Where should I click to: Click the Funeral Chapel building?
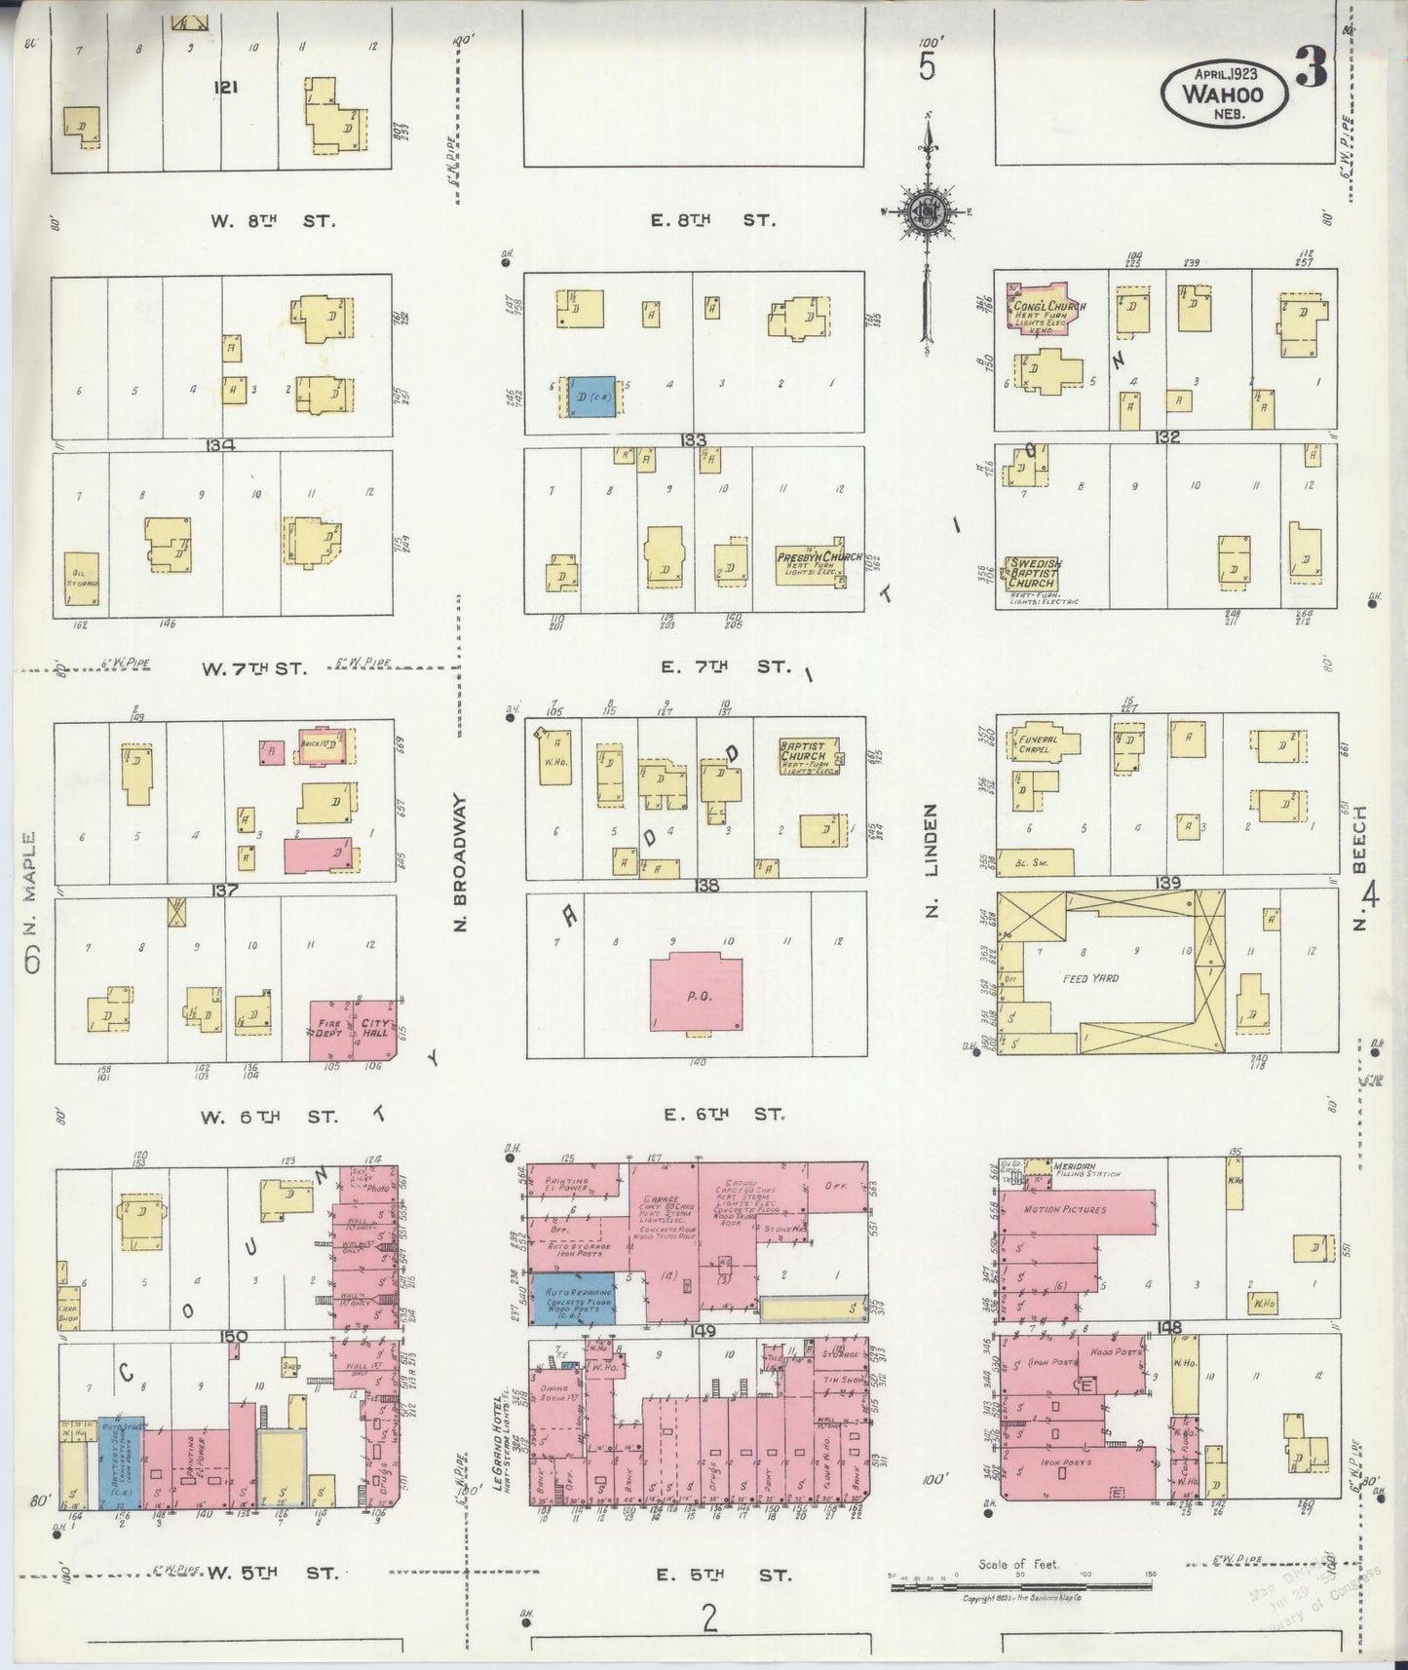coord(1043,745)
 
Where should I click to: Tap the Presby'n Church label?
coord(818,558)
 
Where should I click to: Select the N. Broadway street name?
coord(461,862)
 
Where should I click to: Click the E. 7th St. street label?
coord(721,666)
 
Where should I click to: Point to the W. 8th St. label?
coord(273,220)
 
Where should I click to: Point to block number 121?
coord(226,87)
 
